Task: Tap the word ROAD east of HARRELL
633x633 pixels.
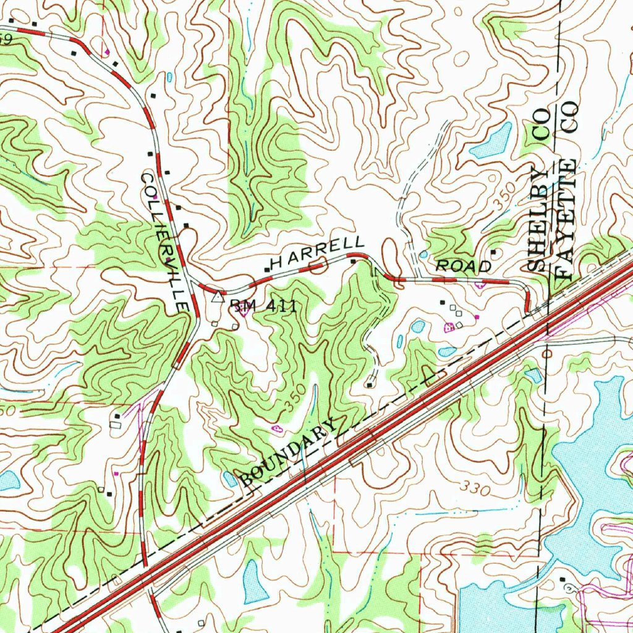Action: pyautogui.click(x=464, y=266)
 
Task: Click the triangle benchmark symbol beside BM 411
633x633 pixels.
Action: pyautogui.click(x=216, y=297)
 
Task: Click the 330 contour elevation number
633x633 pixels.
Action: pyautogui.click(x=475, y=489)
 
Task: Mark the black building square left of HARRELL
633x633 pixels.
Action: pyautogui.click(x=267, y=270)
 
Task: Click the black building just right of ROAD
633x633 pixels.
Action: pyautogui.click(x=493, y=252)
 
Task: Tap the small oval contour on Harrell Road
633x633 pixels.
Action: pyautogui.click(x=317, y=267)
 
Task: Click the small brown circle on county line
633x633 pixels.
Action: pyautogui.click(x=548, y=354)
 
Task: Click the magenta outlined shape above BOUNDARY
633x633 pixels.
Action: pyautogui.click(x=276, y=428)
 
